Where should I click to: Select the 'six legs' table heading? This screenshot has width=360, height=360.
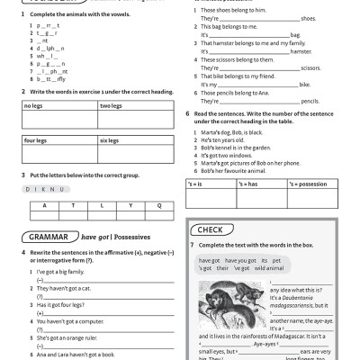click(110, 141)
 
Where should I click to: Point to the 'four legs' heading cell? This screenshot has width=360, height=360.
click(35, 141)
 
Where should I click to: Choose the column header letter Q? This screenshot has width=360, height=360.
click(159, 205)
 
